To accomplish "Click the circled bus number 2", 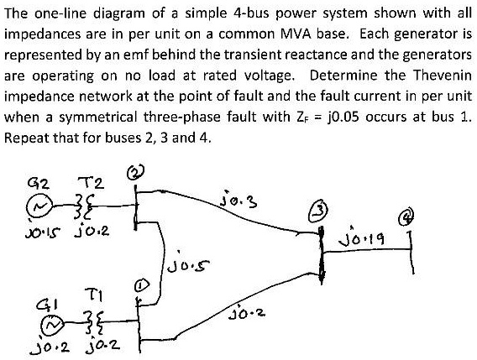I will pyautogui.click(x=134, y=173).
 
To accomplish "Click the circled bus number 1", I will pyautogui.click(x=142, y=285).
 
